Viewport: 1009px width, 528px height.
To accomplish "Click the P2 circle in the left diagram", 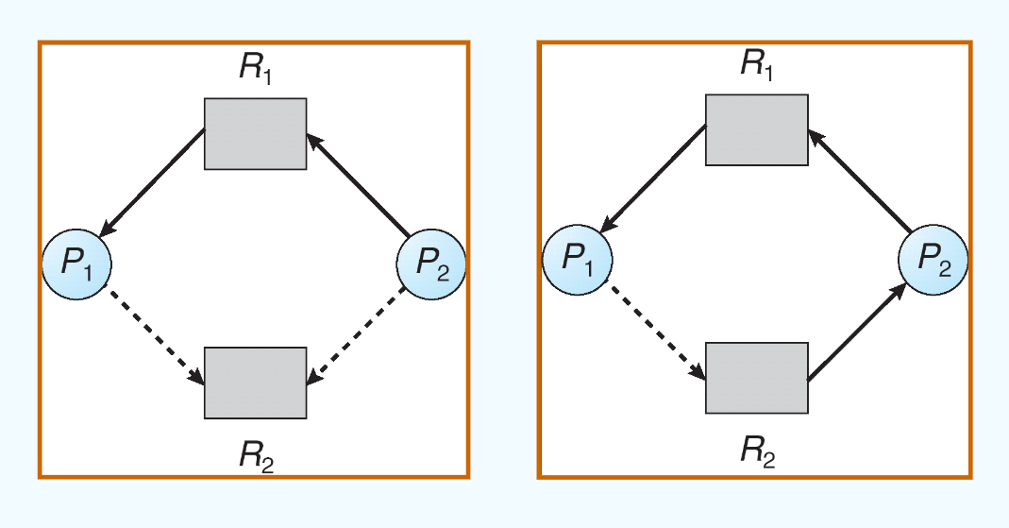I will [x=430, y=265].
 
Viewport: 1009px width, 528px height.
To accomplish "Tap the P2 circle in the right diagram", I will [x=933, y=260].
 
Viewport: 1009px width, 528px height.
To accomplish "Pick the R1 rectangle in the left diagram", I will [x=255, y=134].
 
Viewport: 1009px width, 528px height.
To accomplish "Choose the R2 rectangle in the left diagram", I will [x=255, y=383].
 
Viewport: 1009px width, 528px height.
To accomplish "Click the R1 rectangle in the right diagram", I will [x=757, y=129].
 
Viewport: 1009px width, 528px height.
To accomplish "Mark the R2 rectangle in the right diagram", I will [x=757, y=378].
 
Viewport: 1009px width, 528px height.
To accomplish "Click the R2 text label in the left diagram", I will [x=257, y=456].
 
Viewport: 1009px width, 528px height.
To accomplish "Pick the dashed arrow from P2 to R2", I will [x=357, y=336].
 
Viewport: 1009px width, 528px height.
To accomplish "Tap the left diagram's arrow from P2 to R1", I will [x=357, y=185].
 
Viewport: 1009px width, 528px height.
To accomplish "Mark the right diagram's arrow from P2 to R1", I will [x=858, y=180].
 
